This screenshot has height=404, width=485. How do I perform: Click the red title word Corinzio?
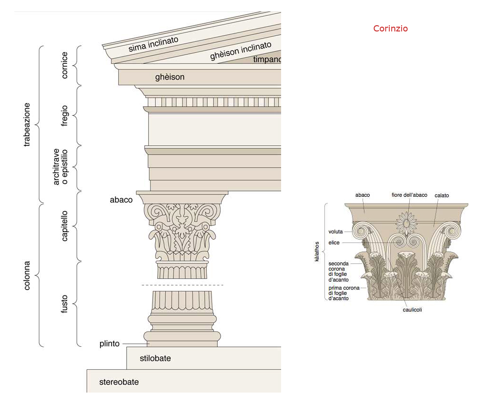[x=390, y=29]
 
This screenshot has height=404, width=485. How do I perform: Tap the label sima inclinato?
[x=153, y=44]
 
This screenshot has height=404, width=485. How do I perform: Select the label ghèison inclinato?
[x=241, y=50]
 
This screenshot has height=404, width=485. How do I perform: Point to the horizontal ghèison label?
[x=170, y=77]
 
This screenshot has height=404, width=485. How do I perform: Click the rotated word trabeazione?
[x=27, y=124]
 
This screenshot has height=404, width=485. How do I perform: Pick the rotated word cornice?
[x=65, y=65]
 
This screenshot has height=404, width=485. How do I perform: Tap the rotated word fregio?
[x=65, y=116]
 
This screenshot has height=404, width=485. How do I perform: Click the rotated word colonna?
[x=27, y=275]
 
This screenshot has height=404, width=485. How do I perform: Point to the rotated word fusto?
[x=65, y=304]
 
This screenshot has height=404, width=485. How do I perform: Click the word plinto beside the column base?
[x=110, y=343]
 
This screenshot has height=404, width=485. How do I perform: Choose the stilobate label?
[x=155, y=358]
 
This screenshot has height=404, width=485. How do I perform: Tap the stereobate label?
[x=119, y=382]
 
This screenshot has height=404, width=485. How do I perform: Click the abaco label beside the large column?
[x=121, y=200]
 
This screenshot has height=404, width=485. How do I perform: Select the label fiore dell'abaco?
[x=409, y=195]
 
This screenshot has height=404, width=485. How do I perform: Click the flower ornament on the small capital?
[x=407, y=223]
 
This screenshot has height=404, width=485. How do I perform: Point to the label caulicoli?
[x=412, y=309]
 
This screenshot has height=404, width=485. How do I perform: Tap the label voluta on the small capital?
[x=335, y=232]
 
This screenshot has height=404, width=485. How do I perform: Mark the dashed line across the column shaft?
[x=182, y=285]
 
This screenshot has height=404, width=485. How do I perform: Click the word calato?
[x=442, y=195]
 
